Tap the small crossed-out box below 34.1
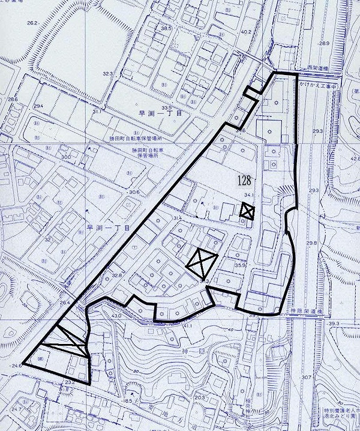tap(248, 211)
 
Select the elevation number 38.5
tap(166, 28)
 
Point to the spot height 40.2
tap(246, 31)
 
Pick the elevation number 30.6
tap(133, 192)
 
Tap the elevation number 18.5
tap(128, 401)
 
